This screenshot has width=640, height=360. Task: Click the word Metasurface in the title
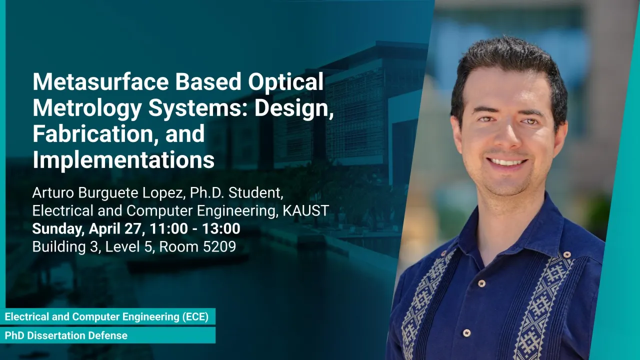click(x=100, y=82)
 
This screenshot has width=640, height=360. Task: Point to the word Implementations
click(x=123, y=161)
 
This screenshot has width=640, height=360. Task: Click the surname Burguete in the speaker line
click(x=108, y=193)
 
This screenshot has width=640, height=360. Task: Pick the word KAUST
click(x=305, y=211)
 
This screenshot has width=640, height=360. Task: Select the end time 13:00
click(x=221, y=229)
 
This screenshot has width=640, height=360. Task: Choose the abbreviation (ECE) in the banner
click(x=195, y=317)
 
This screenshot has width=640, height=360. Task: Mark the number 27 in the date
click(x=133, y=229)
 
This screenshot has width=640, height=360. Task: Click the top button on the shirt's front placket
click(x=481, y=283)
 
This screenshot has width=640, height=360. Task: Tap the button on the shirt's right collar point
click(x=567, y=254)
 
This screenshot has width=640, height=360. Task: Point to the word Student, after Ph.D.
click(x=255, y=193)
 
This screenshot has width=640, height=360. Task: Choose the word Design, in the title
click(x=294, y=108)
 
